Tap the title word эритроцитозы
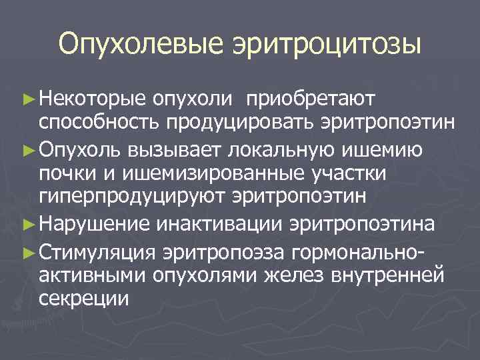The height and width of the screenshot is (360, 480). [x=326, y=45]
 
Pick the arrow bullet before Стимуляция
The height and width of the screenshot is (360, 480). [x=27, y=251]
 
